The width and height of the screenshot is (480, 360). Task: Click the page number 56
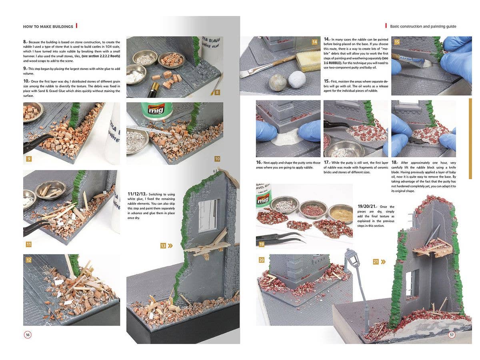[28, 335]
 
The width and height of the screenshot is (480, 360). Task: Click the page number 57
[452, 335]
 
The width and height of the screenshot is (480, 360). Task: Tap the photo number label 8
[217, 92]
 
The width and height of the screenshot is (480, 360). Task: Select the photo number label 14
[314, 42]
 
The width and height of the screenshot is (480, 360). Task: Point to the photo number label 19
[261, 244]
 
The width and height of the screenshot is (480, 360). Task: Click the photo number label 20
[262, 260]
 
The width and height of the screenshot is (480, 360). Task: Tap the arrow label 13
[166, 246]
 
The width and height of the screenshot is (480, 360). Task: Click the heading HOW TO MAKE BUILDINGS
[48, 26]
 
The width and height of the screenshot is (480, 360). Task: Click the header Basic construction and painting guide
[423, 26]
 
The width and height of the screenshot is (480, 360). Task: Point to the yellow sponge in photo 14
[308, 61]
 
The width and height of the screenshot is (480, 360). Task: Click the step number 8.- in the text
[25, 42]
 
